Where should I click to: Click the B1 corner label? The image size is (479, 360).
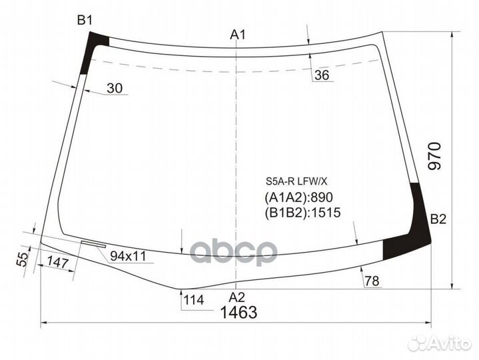pyautogui.click(x=84, y=21)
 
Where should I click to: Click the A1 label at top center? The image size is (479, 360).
pyautogui.click(x=239, y=35)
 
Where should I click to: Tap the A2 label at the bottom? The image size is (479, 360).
pyautogui.click(x=237, y=297)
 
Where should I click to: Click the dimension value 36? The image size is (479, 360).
pyautogui.click(x=322, y=76)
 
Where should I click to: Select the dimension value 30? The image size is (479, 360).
pyautogui.click(x=114, y=88)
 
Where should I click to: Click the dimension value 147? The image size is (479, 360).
pyautogui.click(x=59, y=263)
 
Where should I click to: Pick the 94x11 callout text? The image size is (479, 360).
pyautogui.click(x=129, y=256)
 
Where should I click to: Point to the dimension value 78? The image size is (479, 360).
pyautogui.click(x=372, y=281)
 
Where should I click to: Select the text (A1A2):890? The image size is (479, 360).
pyautogui.click(x=298, y=197)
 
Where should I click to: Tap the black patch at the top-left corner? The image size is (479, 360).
pyautogui.click(x=93, y=50)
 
